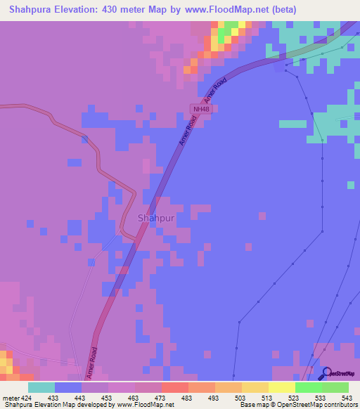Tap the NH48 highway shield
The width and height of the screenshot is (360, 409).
[x=200, y=109]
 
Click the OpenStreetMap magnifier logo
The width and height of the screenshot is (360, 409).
[x=327, y=374]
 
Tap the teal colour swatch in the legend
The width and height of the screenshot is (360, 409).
[x=41, y=387]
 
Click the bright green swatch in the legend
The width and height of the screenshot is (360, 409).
[x=308, y=387]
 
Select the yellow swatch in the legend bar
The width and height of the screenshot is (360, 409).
[x=281, y=387]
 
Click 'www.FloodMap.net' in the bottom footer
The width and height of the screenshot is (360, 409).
[x=145, y=405]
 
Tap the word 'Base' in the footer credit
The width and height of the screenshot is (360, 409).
[x=247, y=405]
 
